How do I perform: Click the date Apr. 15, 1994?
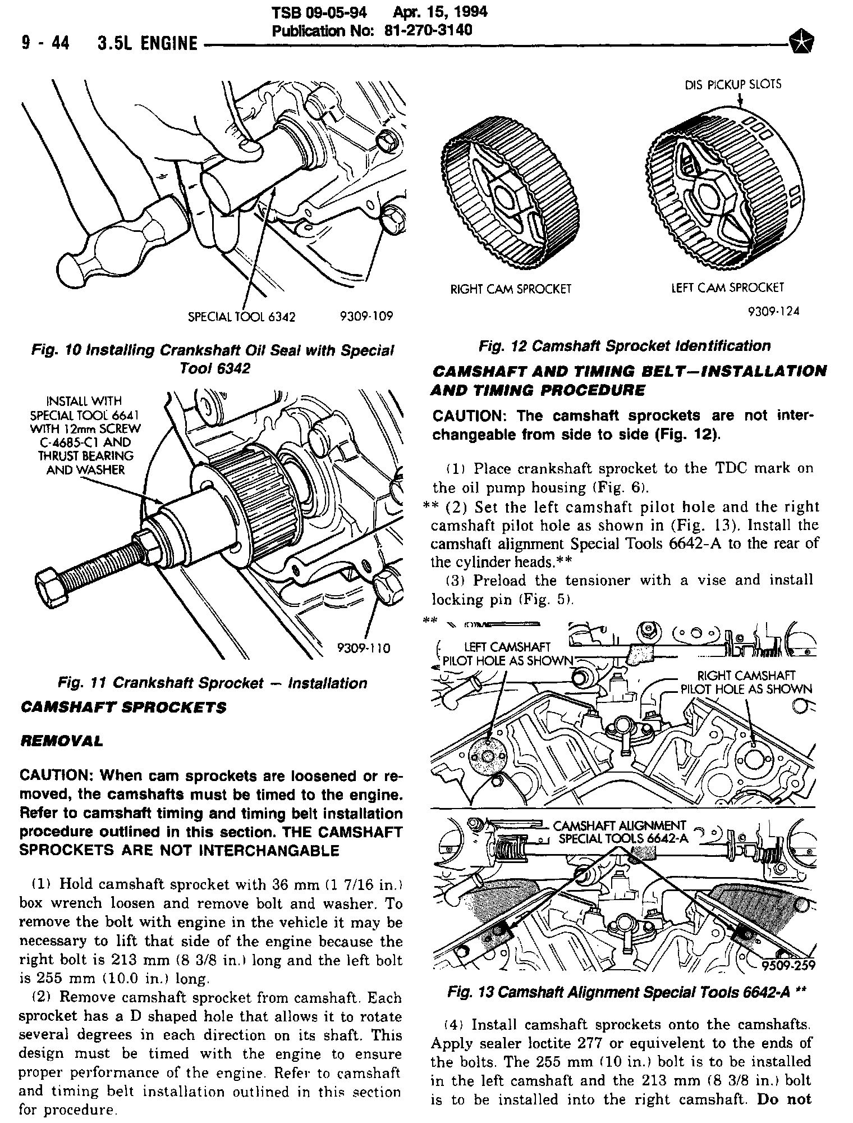click(441, 12)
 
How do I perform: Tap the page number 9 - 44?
click(45, 43)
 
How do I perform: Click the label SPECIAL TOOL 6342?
click(241, 317)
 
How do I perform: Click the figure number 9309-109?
click(366, 316)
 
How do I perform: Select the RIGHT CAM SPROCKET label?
click(511, 289)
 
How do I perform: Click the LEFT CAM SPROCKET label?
click(727, 287)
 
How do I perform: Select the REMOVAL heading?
click(62, 741)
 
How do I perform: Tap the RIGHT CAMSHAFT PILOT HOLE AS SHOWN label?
click(746, 682)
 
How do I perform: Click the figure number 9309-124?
click(773, 311)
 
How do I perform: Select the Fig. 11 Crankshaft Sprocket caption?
click(212, 683)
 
